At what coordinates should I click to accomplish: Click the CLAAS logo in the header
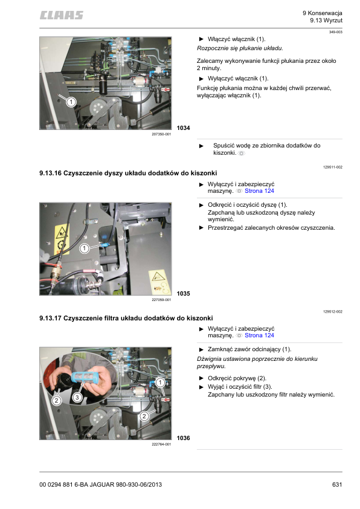click(x=61, y=15)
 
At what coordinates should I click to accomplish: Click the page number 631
click(x=337, y=484)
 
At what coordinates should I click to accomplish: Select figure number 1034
click(x=183, y=128)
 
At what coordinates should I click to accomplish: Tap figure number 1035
click(x=183, y=293)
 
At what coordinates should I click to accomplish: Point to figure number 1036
click(x=183, y=438)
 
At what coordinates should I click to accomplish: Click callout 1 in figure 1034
click(x=71, y=102)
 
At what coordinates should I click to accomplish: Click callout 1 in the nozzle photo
click(x=85, y=248)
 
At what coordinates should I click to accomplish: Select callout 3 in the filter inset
click(x=77, y=397)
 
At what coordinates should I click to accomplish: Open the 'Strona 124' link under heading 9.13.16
click(x=259, y=191)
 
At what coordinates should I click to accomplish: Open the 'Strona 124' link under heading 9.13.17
click(x=259, y=336)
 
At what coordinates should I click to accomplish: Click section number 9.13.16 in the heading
click(x=50, y=173)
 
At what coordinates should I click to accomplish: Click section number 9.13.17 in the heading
click(x=50, y=318)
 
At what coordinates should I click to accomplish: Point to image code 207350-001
click(x=161, y=134)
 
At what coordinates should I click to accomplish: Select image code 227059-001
click(x=161, y=300)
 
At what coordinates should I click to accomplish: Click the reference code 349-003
click(x=336, y=32)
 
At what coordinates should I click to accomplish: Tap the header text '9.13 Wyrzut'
click(x=326, y=21)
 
